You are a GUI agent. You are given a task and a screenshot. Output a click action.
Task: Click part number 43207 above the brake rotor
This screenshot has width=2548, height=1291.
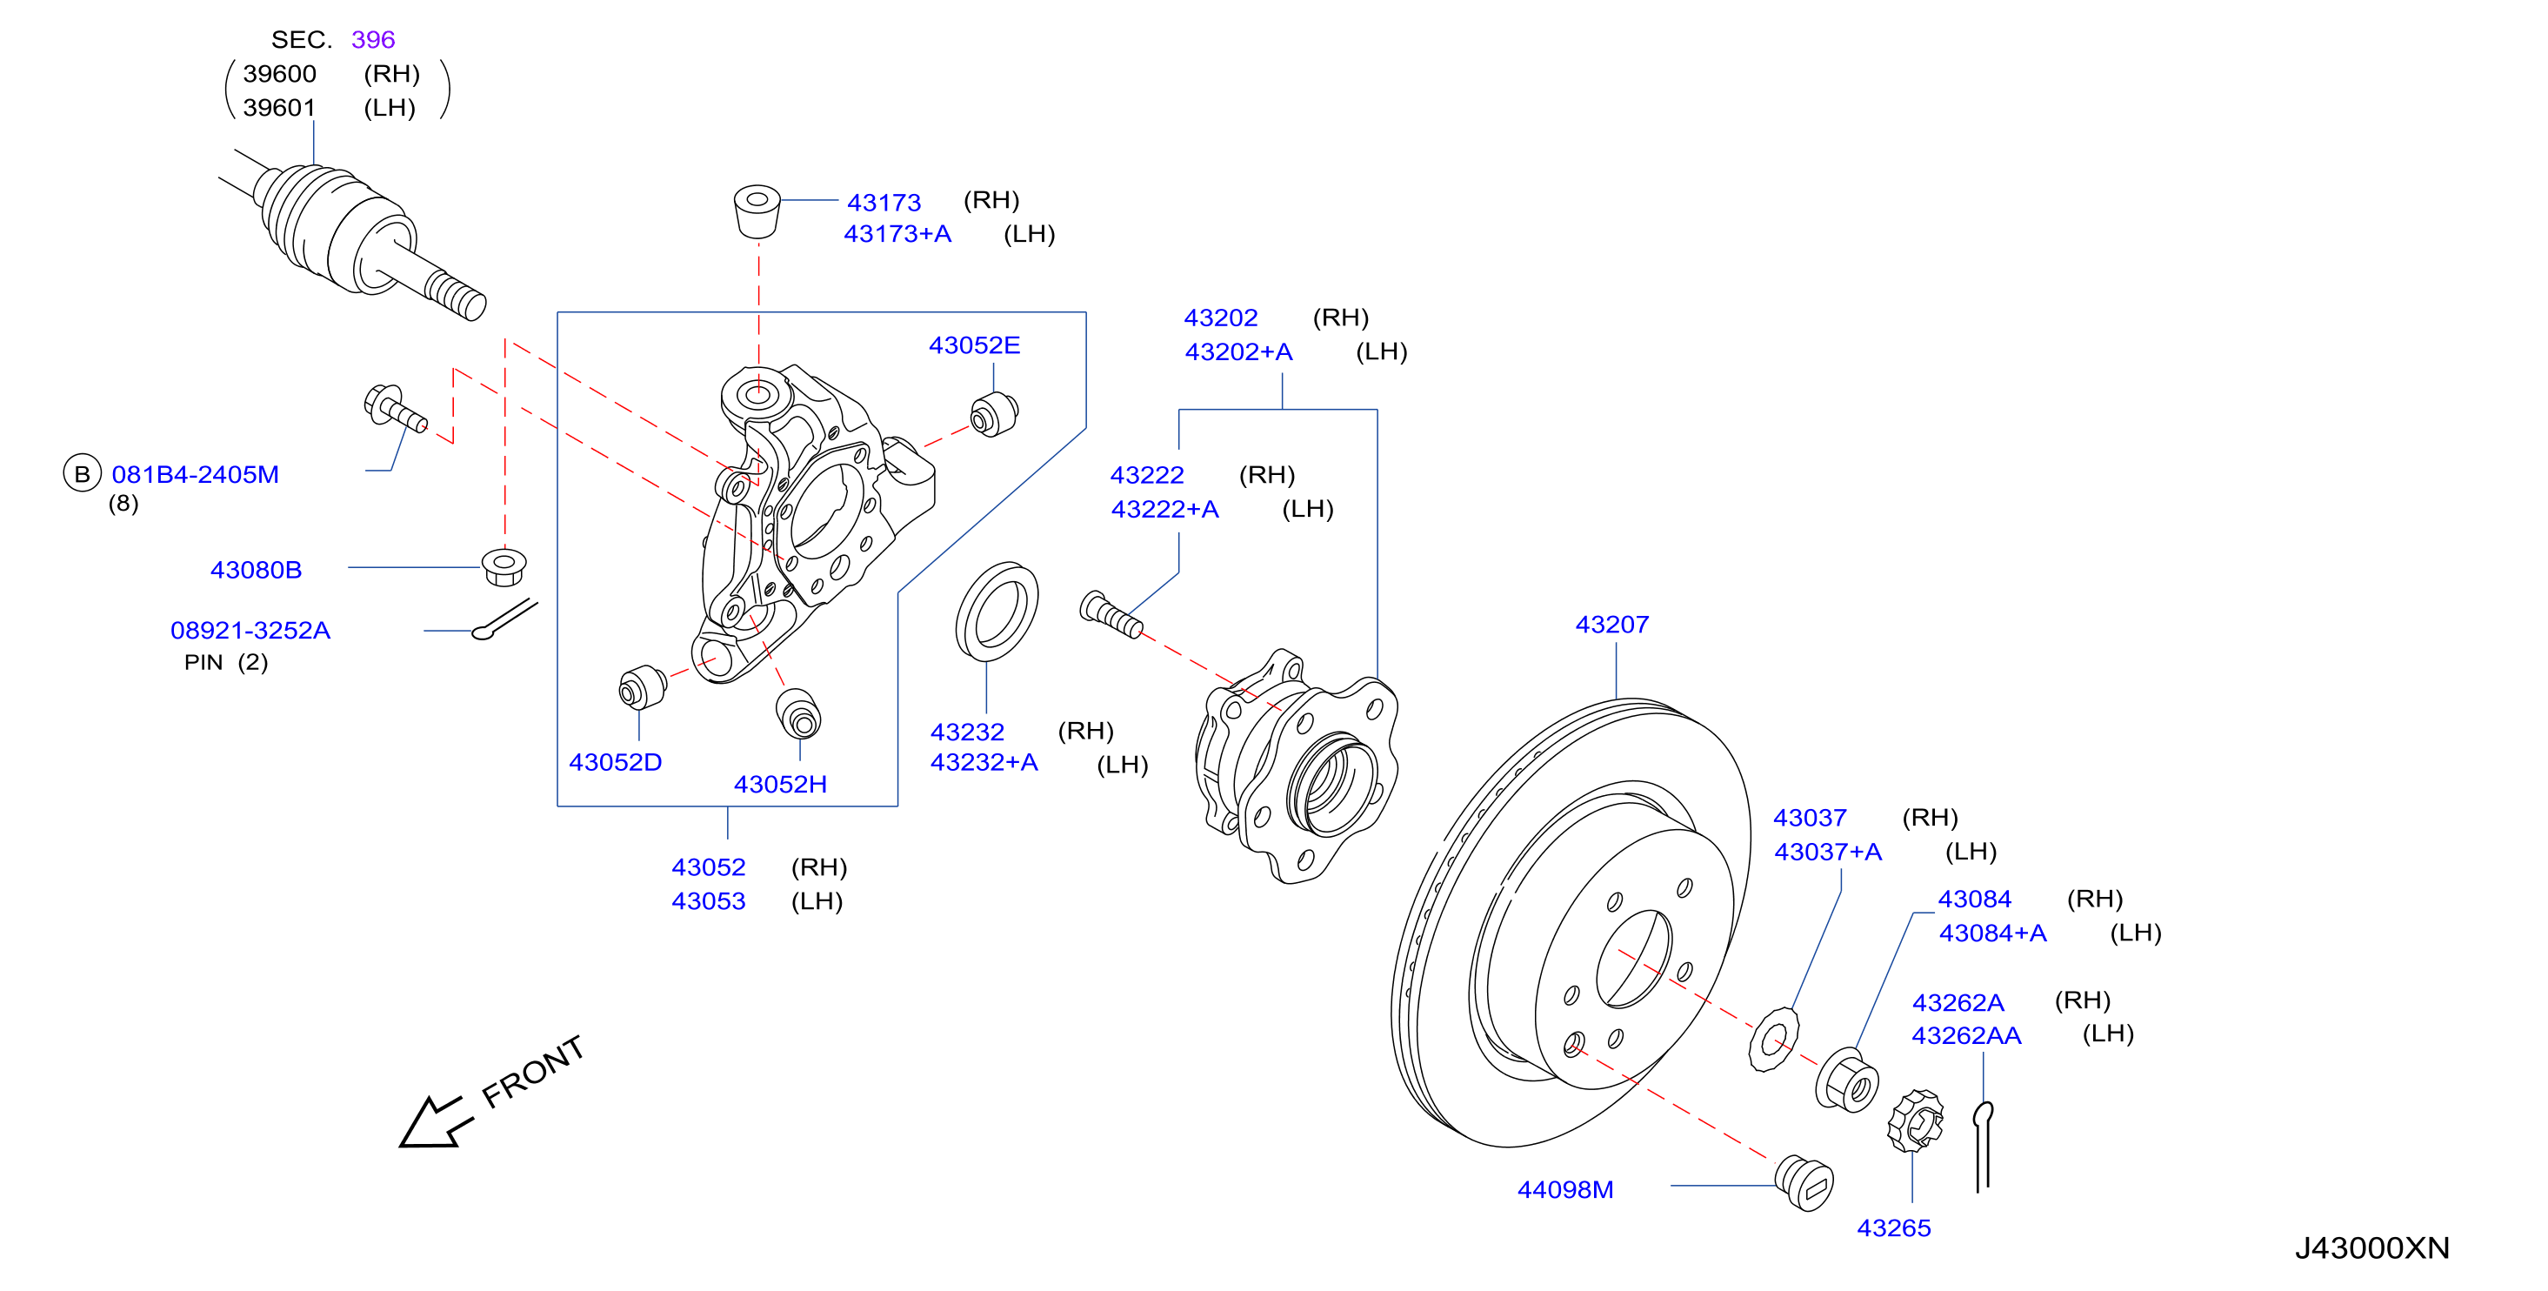1611,625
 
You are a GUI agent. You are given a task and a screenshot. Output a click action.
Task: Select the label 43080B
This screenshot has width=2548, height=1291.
257,570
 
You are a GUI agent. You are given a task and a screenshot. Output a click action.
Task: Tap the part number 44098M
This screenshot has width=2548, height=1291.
1564,1189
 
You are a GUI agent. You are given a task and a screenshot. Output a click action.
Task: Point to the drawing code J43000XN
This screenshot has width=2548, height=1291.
2372,1248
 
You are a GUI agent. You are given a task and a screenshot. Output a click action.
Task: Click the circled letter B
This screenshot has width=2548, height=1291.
82,474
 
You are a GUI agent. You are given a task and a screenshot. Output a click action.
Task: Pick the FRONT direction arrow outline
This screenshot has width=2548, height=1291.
431,1123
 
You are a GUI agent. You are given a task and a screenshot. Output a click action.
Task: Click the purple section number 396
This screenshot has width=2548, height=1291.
373,39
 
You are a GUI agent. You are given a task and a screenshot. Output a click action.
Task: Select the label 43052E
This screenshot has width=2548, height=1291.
974,345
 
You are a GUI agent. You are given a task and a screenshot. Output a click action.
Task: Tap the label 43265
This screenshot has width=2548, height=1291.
1893,1227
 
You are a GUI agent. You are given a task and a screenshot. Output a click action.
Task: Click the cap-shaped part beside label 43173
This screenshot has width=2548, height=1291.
757,210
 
